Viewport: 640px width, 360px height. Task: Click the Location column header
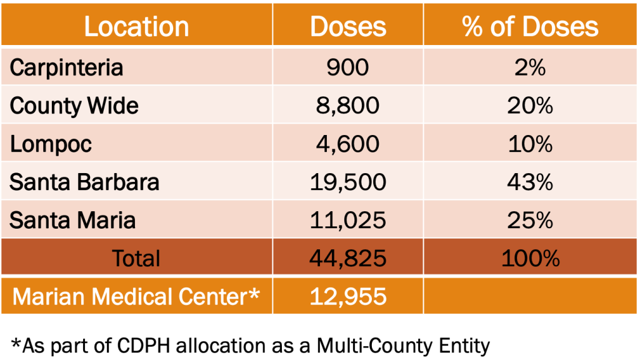point(136,26)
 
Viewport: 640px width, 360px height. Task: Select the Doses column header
point(348,26)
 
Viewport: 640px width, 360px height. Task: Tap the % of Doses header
point(530,26)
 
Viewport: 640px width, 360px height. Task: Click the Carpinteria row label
point(66,67)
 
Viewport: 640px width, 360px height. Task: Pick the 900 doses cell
point(348,67)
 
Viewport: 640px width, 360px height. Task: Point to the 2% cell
point(530,67)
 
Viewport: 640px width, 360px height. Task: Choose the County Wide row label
point(74,106)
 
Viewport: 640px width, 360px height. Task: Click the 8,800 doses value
point(348,106)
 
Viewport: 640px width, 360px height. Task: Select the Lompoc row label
point(51,144)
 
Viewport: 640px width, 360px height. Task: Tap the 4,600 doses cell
point(348,144)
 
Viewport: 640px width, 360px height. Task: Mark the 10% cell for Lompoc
point(530,144)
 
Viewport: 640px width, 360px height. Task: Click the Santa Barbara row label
point(84,182)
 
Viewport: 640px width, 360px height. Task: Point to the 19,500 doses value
point(348,182)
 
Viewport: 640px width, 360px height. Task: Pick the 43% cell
point(530,182)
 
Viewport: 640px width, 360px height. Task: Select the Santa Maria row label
point(72,220)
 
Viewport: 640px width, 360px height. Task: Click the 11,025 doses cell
point(348,220)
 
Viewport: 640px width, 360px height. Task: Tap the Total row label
point(136,258)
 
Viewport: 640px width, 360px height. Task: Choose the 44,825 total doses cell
point(348,258)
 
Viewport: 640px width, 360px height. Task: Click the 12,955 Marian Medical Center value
point(348,296)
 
